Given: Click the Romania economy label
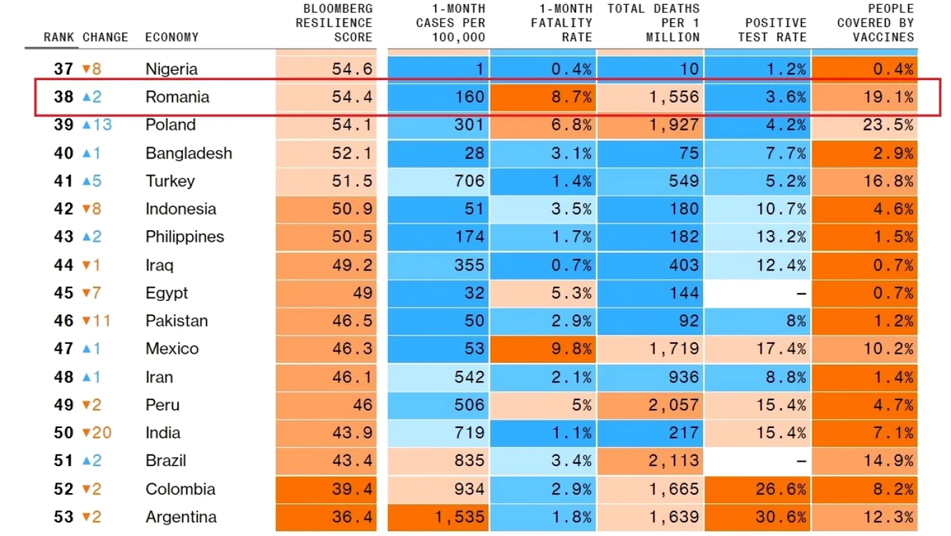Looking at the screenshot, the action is [x=177, y=96].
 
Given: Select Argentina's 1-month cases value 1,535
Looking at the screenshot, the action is [x=460, y=517].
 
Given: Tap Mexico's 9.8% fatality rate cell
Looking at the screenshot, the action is [x=543, y=349].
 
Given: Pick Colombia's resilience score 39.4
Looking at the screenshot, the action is [x=352, y=489].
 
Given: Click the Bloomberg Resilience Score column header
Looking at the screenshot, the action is [x=334, y=23].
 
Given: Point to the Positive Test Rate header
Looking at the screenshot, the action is [x=772, y=30].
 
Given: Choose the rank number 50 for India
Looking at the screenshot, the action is [x=64, y=432].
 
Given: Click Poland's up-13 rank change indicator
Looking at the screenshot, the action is [x=96, y=125].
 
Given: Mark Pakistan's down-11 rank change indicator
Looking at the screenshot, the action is [x=96, y=321].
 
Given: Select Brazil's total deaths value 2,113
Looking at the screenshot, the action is [x=674, y=460].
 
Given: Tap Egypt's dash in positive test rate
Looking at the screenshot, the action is [x=801, y=293].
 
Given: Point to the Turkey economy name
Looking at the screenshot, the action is [x=170, y=181].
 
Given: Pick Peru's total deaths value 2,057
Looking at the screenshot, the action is [x=674, y=405].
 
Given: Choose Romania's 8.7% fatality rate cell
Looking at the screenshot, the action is [x=543, y=96].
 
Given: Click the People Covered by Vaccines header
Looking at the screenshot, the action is [x=876, y=23].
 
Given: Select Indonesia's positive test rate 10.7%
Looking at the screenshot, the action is [x=781, y=209].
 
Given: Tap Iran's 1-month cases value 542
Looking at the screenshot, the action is [x=469, y=377].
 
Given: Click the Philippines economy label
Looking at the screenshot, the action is [x=184, y=237].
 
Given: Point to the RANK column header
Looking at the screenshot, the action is [x=59, y=37].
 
